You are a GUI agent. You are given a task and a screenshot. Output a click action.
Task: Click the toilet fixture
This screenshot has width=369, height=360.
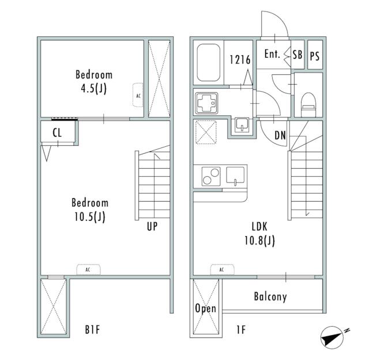pos(308,104)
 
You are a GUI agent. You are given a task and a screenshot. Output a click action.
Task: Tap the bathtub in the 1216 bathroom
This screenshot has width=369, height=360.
pos(209,63)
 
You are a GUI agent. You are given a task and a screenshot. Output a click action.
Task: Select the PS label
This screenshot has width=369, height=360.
pos(315,56)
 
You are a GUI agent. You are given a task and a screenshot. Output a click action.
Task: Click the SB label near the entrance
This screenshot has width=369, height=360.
pos(298,55)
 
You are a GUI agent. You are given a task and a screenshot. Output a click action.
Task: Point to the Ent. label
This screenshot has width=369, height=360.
pos(272,54)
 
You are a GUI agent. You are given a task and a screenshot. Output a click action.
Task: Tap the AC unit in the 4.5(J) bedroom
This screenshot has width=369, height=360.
pos(138,95)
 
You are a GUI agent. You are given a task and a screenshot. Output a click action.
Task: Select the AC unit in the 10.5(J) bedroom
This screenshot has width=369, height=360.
pos(88,270)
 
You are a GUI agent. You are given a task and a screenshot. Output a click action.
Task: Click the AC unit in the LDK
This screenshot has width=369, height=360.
pos(222,270)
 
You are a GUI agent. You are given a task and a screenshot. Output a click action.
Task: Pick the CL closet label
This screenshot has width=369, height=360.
pos(57,133)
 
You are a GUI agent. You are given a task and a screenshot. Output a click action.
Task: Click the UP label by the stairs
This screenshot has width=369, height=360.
pos(152,226)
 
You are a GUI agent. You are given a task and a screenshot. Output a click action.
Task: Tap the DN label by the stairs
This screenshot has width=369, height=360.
pos(280,135)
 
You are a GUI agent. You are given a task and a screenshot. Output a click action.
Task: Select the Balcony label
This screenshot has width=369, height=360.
pos(270,297)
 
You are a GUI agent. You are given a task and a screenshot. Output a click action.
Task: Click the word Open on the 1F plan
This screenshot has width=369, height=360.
pos(206,308)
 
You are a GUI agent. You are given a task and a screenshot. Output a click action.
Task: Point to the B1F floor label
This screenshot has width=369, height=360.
pos(92,329)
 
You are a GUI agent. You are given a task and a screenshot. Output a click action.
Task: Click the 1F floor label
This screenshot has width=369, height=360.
pos(241,329)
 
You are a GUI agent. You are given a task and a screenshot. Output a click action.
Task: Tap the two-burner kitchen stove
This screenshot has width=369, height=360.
pos(211,176)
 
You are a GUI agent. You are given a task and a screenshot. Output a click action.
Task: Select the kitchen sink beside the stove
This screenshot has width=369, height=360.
pos(235,175)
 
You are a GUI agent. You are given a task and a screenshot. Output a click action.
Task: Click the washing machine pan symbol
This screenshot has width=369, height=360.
pos(206,132)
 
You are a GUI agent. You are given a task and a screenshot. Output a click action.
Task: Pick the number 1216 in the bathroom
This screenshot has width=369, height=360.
pos(240,60)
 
